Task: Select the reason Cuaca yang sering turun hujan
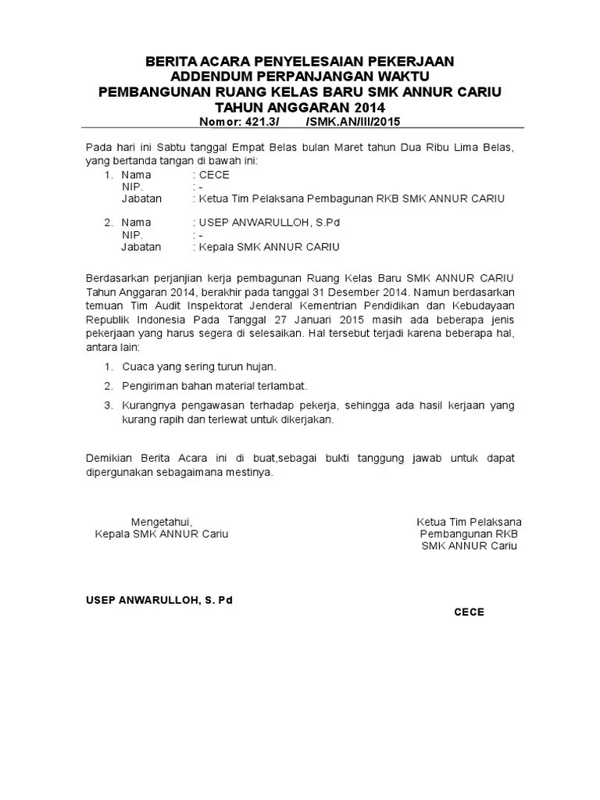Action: [199, 366]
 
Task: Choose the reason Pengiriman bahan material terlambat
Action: [214, 386]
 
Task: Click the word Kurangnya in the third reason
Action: [149, 405]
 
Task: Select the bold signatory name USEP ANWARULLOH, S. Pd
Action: [159, 600]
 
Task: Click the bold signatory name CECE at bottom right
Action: [469, 612]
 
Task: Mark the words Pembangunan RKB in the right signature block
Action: [469, 534]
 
